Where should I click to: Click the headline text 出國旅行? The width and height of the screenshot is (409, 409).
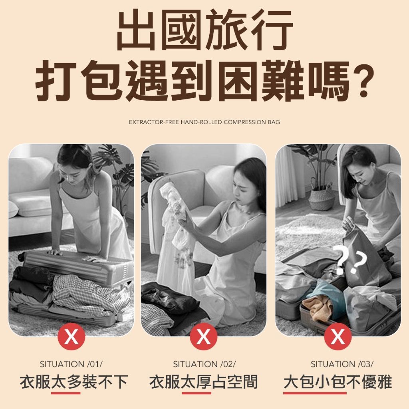tap(205, 30)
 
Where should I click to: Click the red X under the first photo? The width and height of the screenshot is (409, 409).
tap(71, 336)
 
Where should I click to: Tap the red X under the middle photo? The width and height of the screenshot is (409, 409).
tap(203, 336)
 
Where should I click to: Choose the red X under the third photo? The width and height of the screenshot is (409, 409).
tap(338, 336)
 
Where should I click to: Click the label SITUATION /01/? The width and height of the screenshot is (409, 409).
tap(71, 364)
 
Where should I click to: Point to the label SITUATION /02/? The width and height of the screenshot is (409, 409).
tap(204, 364)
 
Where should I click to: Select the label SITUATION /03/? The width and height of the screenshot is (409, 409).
tap(342, 364)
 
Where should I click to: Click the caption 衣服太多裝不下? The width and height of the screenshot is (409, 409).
tap(74, 382)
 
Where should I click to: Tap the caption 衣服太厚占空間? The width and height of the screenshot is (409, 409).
tap(203, 382)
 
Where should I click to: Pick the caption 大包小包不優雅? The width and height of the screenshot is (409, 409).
tap(338, 382)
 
